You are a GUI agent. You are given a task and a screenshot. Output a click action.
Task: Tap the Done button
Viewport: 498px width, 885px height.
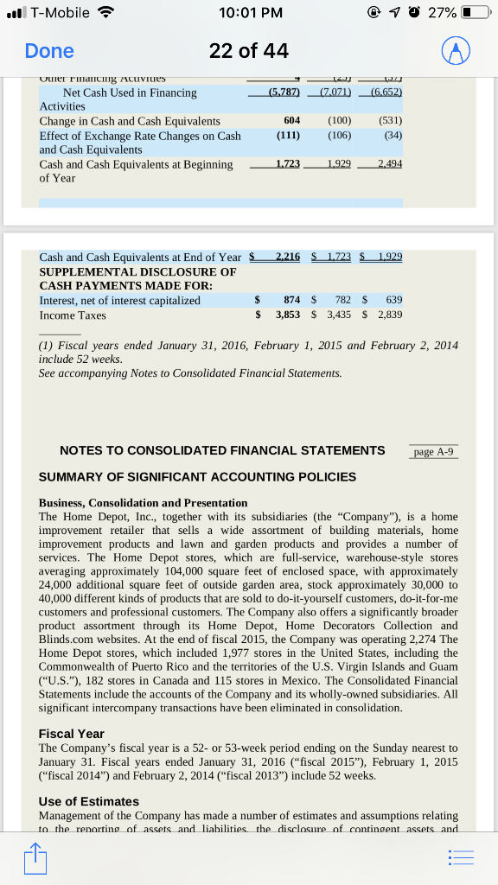click(49, 51)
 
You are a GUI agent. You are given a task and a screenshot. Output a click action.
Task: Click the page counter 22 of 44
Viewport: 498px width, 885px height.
click(249, 51)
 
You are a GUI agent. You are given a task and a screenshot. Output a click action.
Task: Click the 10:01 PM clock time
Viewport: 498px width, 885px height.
click(248, 13)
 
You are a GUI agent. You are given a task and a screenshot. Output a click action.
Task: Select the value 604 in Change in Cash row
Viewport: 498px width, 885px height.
click(291, 121)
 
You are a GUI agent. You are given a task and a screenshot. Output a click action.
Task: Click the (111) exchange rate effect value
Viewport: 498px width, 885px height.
click(288, 136)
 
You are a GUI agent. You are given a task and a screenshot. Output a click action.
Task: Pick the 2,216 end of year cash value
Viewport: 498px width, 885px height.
click(287, 257)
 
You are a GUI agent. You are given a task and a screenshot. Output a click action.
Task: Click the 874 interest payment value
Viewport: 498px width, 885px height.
click(291, 300)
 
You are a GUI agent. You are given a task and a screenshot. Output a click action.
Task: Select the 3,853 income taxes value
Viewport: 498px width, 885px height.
click(288, 315)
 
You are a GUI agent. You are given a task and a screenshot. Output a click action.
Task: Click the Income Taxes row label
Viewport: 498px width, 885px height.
click(73, 315)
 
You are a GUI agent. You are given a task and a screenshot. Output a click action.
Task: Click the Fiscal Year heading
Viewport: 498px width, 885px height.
click(71, 733)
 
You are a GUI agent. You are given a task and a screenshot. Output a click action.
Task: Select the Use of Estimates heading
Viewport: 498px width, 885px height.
click(89, 801)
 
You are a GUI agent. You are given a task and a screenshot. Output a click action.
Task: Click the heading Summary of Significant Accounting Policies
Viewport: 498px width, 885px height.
click(197, 476)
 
